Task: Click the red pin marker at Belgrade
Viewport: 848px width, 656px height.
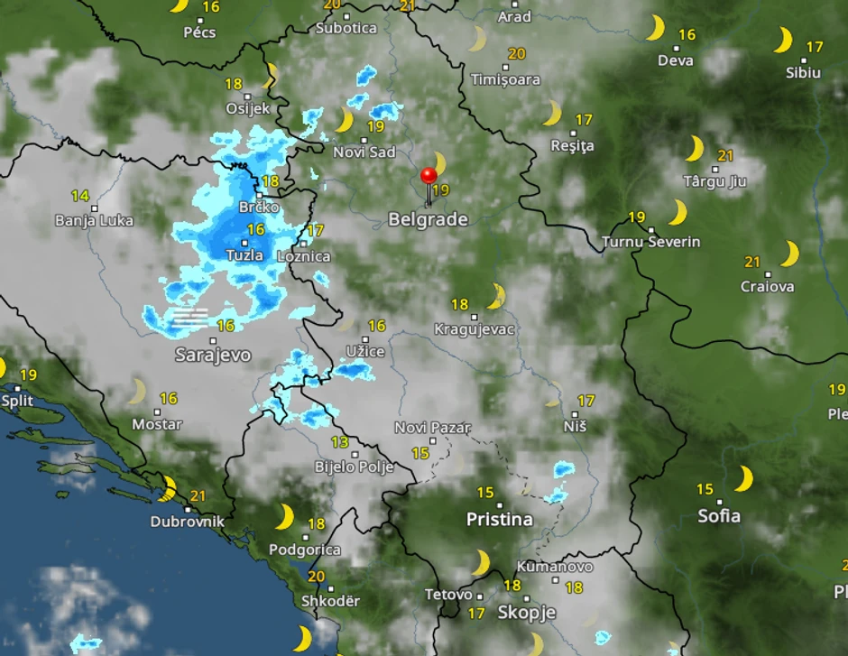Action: [x=429, y=175]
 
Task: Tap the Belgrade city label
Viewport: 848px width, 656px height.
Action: [x=428, y=219]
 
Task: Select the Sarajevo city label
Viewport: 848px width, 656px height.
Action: [x=212, y=356]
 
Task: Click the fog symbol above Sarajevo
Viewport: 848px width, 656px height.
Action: [x=190, y=316]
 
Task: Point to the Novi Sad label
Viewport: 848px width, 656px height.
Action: [x=364, y=152]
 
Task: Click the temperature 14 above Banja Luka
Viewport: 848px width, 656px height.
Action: [x=80, y=196]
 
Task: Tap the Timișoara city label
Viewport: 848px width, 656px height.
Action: [x=505, y=79]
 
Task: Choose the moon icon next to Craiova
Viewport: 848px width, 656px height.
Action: [x=790, y=254]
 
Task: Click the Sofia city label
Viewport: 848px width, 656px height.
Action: [x=719, y=516]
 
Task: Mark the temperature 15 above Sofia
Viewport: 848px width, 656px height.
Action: [x=705, y=490]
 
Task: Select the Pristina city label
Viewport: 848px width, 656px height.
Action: [x=499, y=520]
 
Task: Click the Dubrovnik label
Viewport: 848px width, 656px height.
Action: [x=187, y=522]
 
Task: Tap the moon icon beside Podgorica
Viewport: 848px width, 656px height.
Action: [x=284, y=517]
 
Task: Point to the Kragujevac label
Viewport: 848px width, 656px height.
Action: [x=474, y=329]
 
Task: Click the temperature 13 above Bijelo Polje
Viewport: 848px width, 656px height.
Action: [x=339, y=442]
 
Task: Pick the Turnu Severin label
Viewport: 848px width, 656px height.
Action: [x=650, y=242]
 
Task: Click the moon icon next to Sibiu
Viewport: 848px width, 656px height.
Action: [x=782, y=41]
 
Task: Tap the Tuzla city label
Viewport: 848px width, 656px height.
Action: [x=244, y=255]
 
